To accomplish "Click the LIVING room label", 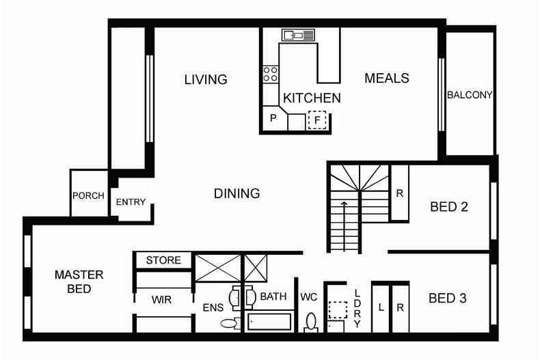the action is click(206, 79).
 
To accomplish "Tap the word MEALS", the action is click(387, 78).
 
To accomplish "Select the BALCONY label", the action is click(470, 95).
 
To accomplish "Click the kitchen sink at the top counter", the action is click(298, 35).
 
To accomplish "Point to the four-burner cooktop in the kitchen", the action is click(271, 74).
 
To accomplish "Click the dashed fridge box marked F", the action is click(317, 120).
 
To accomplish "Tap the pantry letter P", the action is click(273, 118).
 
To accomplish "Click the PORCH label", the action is click(88, 196).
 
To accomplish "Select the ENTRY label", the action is click(131, 202).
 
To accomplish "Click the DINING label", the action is click(237, 193).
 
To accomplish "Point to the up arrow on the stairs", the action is click(344, 226).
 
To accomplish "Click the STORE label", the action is click(163, 260).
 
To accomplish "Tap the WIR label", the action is click(161, 300).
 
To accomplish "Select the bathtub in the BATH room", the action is click(269, 322).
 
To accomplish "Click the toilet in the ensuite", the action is click(230, 323).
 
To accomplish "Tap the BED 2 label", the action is click(448, 207).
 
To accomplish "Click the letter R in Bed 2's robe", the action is click(399, 193).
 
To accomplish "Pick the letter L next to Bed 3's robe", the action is click(381, 307).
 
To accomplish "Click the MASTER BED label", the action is click(79, 281).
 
